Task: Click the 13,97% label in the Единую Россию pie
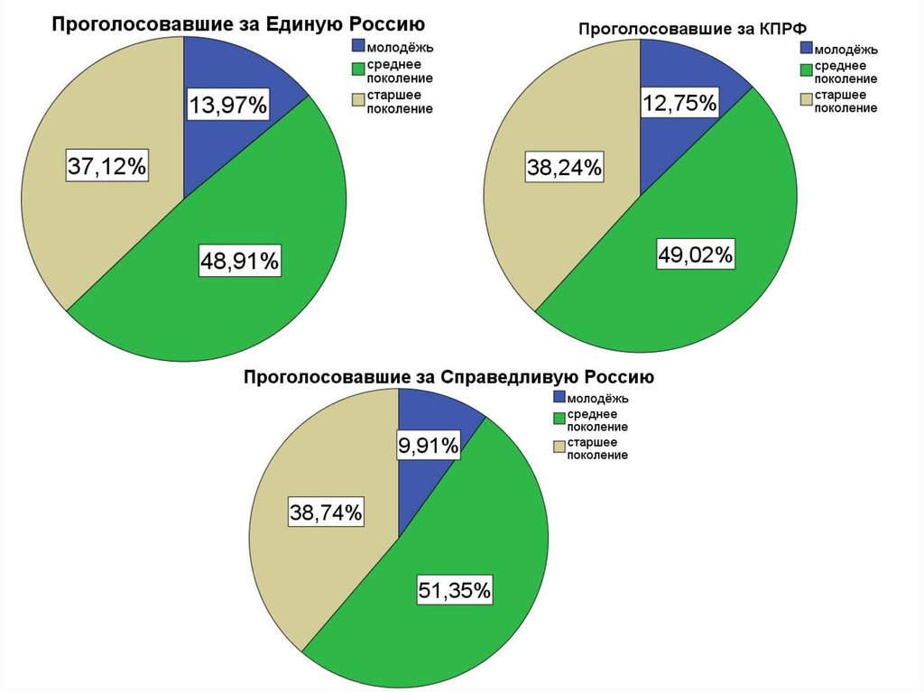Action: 227,106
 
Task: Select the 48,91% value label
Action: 240,262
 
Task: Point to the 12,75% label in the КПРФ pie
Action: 679,103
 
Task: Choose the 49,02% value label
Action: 696,255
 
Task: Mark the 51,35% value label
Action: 454,591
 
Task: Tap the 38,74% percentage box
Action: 326,512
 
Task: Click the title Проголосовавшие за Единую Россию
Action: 237,23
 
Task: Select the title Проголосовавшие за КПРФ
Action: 692,29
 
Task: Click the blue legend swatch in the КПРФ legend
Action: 807,48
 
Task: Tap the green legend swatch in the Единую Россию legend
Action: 358,69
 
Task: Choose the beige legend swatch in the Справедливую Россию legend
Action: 559,446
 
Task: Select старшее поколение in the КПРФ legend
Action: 845,101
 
